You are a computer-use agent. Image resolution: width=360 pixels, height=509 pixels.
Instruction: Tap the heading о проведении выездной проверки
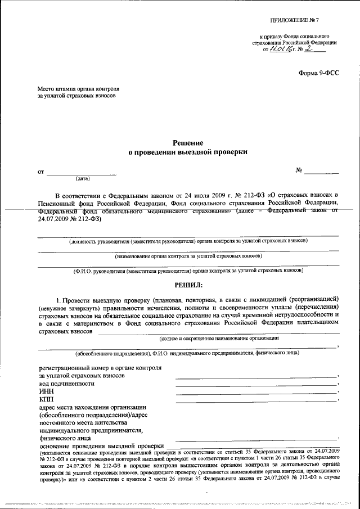point(188,152)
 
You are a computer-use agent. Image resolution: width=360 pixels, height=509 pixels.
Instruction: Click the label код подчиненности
point(67,383)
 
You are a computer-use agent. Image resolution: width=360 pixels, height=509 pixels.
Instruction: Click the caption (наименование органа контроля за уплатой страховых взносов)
point(188,256)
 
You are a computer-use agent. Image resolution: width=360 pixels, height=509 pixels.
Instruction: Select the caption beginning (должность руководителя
point(188,241)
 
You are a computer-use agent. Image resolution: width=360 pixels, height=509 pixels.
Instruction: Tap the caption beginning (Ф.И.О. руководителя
point(188,271)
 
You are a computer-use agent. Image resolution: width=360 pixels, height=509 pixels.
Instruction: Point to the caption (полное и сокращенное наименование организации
point(219,337)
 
